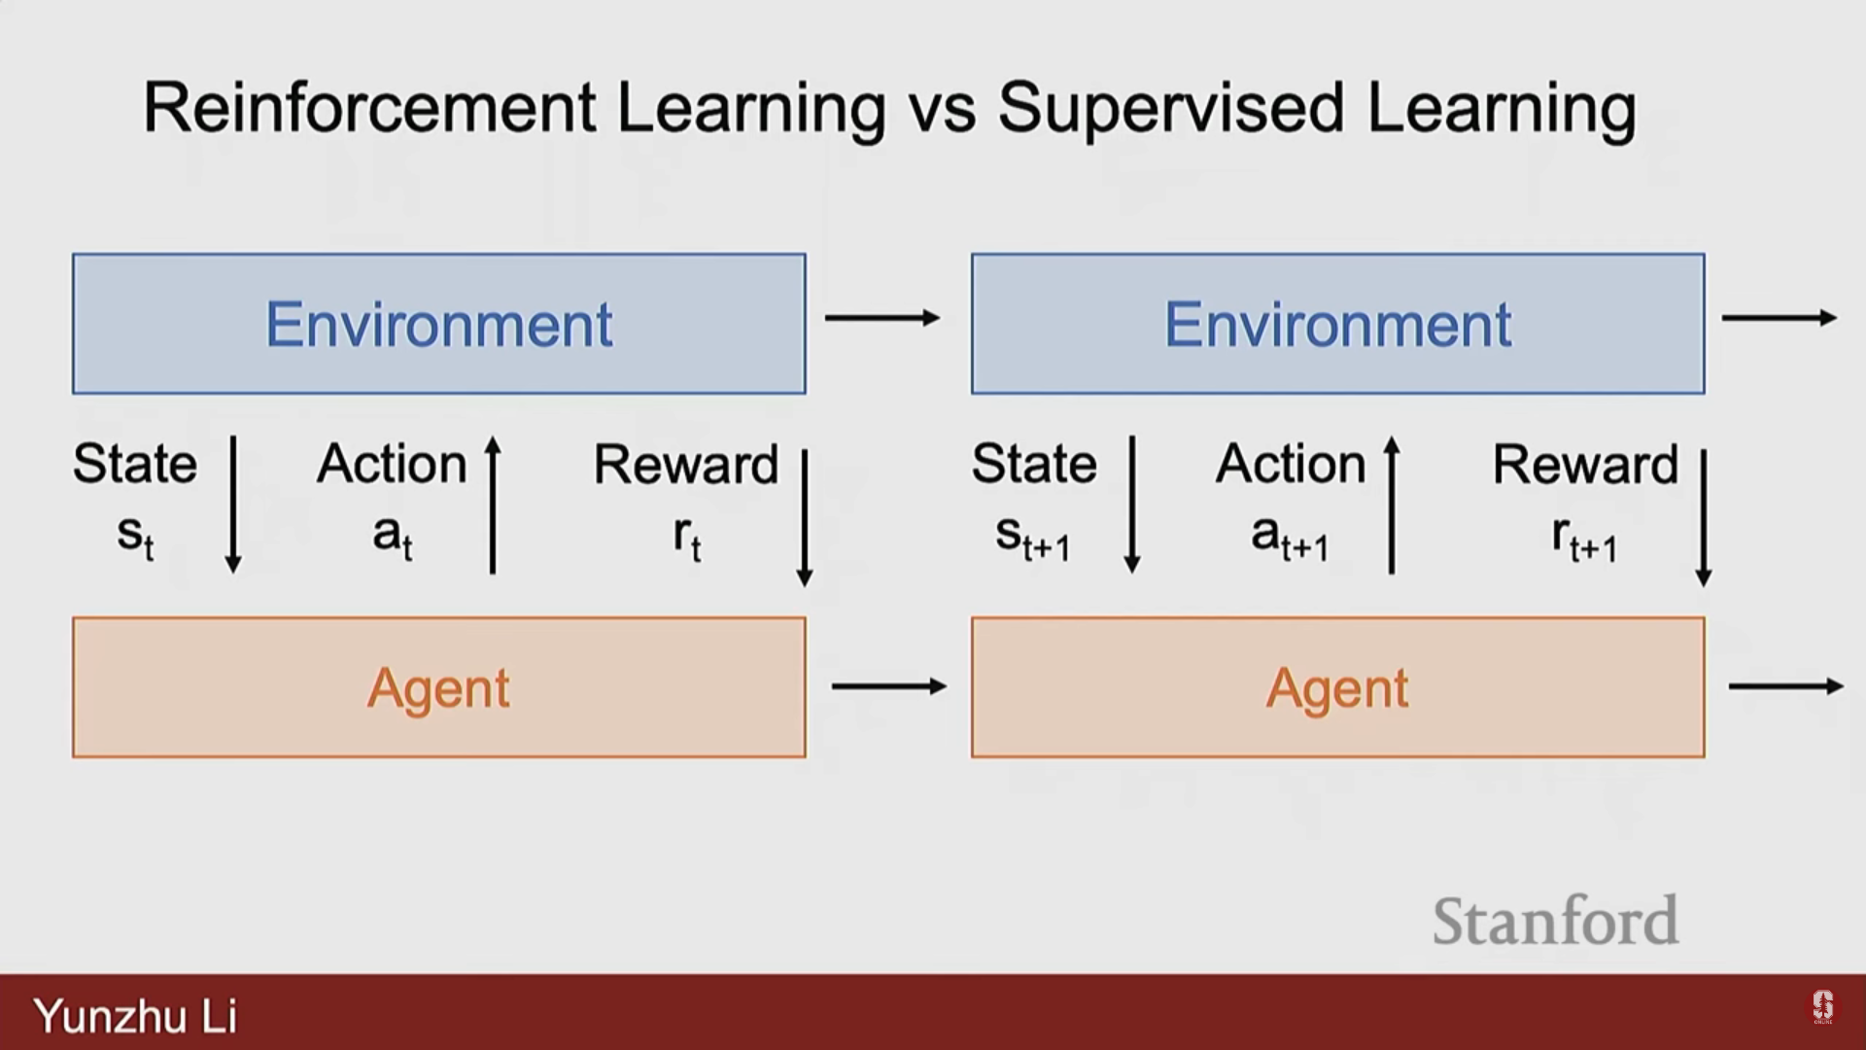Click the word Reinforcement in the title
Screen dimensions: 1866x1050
pos(369,107)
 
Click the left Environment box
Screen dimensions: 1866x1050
pos(439,324)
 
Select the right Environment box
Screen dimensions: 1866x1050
pos(1338,324)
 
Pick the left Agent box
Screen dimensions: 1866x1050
pos(439,687)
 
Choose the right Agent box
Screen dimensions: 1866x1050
pos(1338,687)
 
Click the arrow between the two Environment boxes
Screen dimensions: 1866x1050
pos(882,318)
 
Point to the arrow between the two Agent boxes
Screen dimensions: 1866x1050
pos(889,686)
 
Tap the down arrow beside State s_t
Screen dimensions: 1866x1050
pos(233,505)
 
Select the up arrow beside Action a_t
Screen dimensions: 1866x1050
pos(493,505)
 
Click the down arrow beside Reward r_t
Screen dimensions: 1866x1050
pos(805,517)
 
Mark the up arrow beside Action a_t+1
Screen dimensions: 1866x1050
pos(1392,505)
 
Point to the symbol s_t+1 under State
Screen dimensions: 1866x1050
pos(1032,538)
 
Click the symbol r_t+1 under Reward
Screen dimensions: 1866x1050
pos(1584,538)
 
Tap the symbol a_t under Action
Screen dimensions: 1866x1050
pos(393,538)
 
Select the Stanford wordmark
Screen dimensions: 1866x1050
pos(1555,921)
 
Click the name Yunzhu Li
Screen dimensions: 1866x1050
pos(135,1016)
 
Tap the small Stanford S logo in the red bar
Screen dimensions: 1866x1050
pos(1822,1007)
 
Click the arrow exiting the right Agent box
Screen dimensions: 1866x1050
pos(1786,686)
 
